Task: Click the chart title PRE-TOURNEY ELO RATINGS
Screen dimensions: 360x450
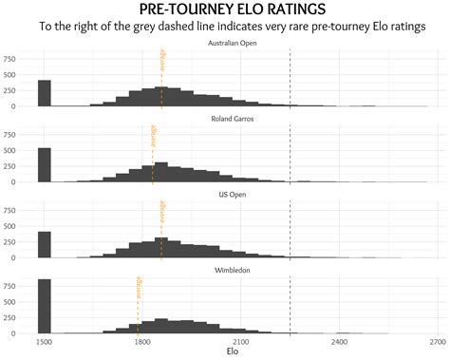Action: (225, 9)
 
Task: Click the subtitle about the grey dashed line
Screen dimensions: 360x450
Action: (225, 27)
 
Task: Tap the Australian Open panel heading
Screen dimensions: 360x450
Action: (236, 43)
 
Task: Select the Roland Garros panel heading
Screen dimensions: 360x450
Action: (236, 119)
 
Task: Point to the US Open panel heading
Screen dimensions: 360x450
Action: (236, 195)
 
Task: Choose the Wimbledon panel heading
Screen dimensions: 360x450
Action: (236, 271)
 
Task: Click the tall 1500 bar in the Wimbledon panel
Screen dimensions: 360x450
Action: (44, 306)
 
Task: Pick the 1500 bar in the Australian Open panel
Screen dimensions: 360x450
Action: (44, 93)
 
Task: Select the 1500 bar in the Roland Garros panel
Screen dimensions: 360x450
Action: (44, 164)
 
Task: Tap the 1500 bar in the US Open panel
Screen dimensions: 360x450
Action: (44, 245)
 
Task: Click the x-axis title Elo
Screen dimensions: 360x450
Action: (234, 351)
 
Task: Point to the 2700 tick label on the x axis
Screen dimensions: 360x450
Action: (437, 340)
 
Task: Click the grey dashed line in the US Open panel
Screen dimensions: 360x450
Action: (291, 228)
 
